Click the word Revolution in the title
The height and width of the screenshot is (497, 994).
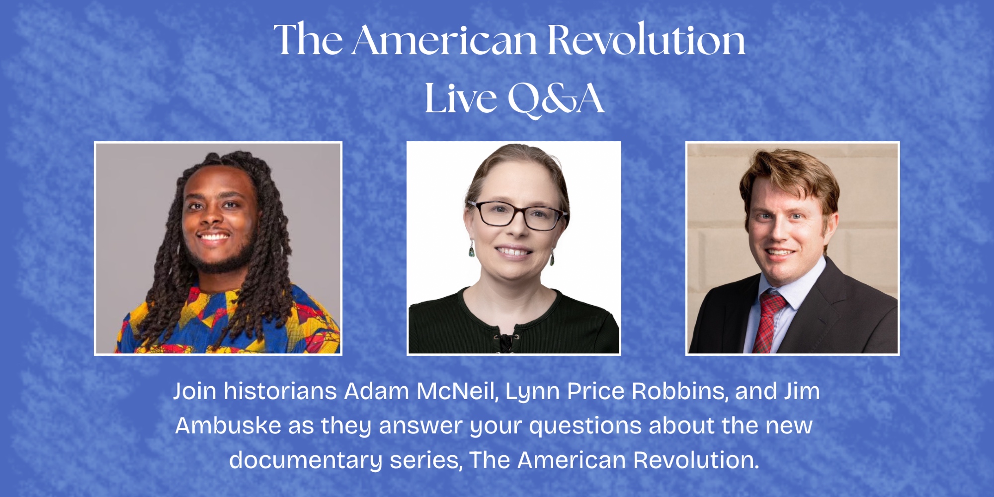(646, 39)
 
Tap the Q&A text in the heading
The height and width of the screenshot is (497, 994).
(556, 99)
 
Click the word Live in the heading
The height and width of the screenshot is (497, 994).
(461, 98)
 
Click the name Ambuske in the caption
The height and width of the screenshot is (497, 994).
(229, 425)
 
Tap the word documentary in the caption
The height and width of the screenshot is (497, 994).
(305, 461)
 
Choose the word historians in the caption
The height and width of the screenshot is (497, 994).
(280, 391)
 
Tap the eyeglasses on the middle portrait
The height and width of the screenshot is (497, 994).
(517, 215)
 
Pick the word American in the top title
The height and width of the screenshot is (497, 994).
(445, 39)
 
